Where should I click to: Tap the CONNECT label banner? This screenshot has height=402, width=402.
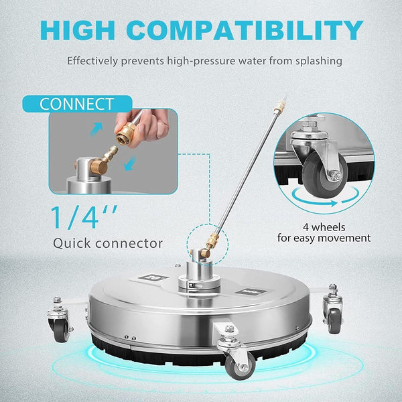coord(77,105)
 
